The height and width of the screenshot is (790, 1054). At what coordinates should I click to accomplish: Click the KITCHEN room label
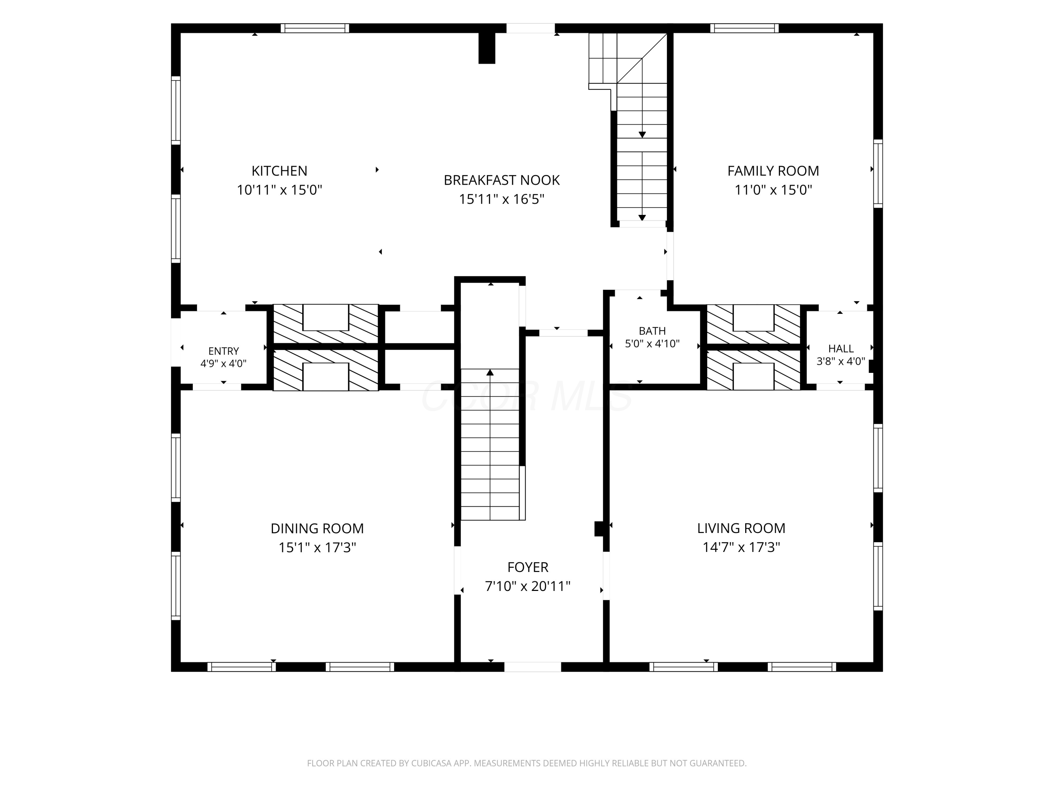coord(279,171)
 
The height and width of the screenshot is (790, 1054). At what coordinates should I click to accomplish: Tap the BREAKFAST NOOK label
coord(502,180)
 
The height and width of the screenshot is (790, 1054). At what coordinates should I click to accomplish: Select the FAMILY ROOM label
coord(773,171)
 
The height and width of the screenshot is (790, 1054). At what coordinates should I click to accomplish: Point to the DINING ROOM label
coord(317,528)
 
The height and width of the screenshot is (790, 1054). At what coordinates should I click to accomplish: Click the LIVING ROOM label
coord(741,528)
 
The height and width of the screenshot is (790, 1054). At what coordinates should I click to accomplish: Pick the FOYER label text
coord(528,567)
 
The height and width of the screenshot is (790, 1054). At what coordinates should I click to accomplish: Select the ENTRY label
coord(223,351)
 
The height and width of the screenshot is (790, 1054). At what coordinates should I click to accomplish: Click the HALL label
coord(841,349)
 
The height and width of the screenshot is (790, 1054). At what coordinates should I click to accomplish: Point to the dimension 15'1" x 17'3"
coord(317,548)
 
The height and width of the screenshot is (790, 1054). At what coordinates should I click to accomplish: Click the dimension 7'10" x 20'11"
coord(528,586)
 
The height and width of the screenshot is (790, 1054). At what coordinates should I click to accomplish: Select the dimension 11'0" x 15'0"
coord(773,190)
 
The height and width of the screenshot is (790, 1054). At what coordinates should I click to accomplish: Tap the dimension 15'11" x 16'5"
coord(502,199)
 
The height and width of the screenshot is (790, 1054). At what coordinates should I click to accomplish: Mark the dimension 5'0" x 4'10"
coord(652,343)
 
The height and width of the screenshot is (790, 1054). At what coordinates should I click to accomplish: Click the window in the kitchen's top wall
coord(314,28)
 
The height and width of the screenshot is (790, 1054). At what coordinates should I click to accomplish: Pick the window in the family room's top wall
coord(744,28)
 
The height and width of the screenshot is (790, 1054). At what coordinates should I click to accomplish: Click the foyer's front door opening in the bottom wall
coord(533,667)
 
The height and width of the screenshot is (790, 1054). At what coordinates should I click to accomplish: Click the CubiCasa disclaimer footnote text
coord(527,763)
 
